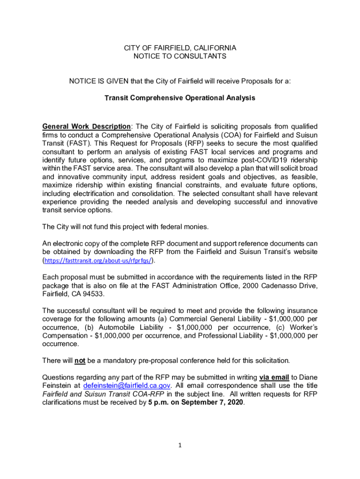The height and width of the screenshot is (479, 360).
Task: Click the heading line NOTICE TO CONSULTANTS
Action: pos(180,56)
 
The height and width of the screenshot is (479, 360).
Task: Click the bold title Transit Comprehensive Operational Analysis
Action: pos(180,98)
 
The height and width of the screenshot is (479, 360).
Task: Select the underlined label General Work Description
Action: pos(86,127)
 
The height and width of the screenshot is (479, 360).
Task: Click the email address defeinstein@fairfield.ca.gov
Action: pos(127,385)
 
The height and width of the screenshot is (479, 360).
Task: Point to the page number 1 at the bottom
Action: pos(180,445)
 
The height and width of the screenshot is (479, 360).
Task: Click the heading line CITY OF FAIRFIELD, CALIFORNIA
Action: pos(180,48)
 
